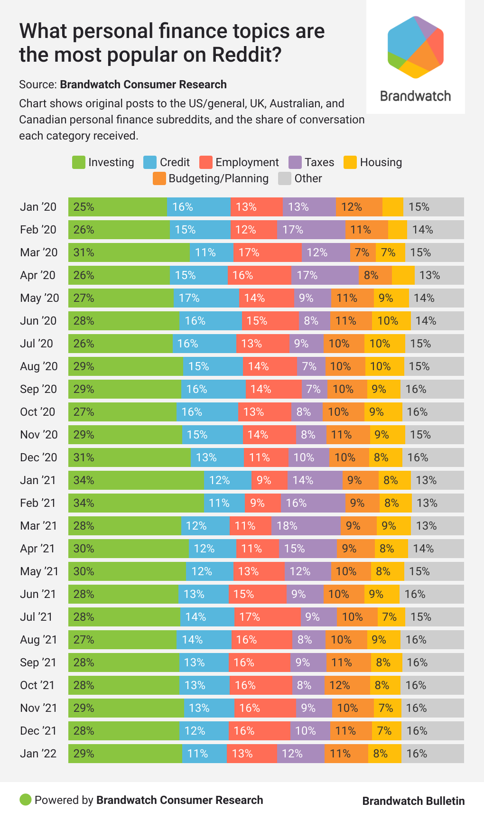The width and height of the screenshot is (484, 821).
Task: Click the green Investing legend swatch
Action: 79,162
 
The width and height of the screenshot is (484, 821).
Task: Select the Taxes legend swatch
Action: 295,162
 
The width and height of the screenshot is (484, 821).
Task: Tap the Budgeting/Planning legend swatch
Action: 159,178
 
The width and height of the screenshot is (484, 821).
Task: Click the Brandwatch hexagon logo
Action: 415,47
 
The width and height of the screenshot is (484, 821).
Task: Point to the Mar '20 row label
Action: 39,252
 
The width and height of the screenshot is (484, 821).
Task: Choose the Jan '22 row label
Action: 38,754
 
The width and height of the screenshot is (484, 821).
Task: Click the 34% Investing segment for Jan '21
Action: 136,480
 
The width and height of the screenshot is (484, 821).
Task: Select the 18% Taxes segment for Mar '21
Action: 306,526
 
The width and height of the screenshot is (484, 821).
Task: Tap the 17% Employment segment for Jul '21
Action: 267,617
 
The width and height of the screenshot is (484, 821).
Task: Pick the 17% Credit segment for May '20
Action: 206,298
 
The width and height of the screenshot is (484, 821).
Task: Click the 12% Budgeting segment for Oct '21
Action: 347,685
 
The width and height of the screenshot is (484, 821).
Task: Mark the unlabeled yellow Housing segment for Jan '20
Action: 393,207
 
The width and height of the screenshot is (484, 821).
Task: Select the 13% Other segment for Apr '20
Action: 439,275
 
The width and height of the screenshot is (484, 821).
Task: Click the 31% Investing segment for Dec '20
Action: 130,457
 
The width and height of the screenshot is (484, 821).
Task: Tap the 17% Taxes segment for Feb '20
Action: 311,230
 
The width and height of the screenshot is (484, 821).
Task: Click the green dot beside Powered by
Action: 26,800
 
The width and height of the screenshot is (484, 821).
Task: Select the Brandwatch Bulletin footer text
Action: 413,801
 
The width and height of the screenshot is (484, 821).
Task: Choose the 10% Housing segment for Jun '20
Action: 391,321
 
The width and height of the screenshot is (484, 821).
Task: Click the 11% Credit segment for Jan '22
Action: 204,754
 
